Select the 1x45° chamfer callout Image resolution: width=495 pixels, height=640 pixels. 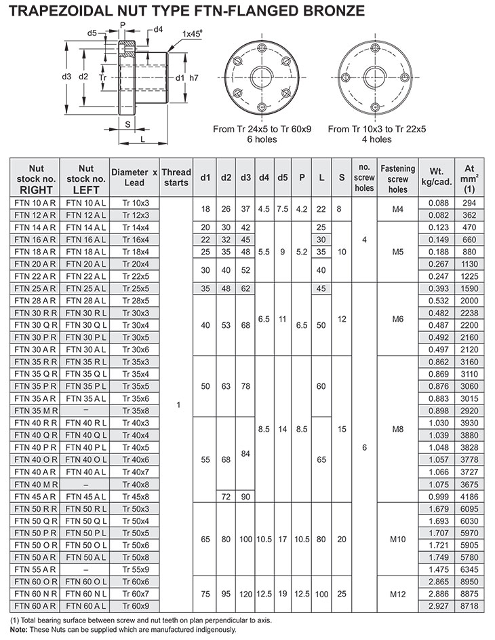(x=193, y=33)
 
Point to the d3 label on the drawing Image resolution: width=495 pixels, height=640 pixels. (x=66, y=77)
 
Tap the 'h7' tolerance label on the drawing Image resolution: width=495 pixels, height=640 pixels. (x=193, y=77)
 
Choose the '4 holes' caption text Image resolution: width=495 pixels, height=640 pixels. (x=376, y=139)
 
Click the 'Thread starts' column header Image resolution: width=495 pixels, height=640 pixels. (x=176, y=178)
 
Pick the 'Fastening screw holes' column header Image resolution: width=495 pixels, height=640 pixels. (x=398, y=178)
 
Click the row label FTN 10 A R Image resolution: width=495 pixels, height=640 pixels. (x=35, y=202)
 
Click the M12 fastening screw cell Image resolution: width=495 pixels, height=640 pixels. (x=398, y=594)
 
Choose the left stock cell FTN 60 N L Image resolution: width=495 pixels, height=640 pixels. (x=85, y=594)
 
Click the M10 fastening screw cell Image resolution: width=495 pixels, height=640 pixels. (x=398, y=540)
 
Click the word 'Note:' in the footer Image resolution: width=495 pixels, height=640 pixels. (x=20, y=630)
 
